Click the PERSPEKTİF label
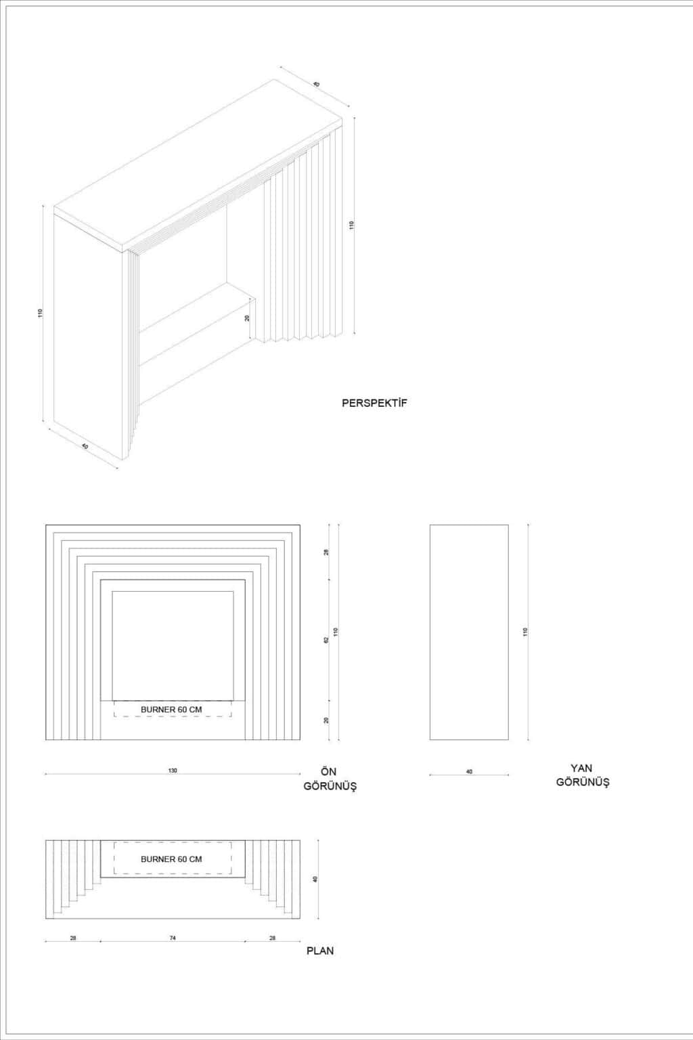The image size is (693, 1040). click(374, 403)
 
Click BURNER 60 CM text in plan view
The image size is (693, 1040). click(171, 859)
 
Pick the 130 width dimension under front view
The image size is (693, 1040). click(173, 771)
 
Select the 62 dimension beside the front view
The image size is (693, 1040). click(326, 640)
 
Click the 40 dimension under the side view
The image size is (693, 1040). click(469, 772)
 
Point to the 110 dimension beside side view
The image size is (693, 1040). click(525, 632)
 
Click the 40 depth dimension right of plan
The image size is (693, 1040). click(315, 880)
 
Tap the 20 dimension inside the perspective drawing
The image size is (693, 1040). click(247, 318)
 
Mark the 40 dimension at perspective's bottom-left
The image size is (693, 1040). click(85, 446)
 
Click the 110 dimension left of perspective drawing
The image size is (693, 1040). click(41, 313)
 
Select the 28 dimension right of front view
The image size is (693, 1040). click(326, 552)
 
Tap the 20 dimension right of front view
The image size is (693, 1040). click(326, 720)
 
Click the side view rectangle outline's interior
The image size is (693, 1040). click(469, 632)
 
